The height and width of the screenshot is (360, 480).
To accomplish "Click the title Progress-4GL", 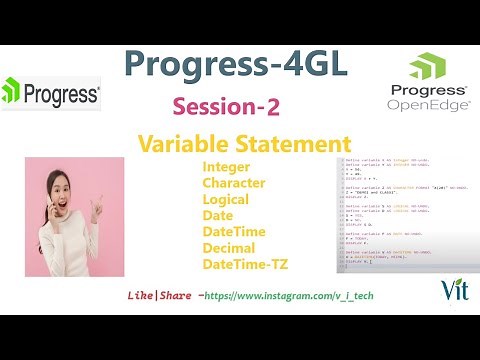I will point(237,65).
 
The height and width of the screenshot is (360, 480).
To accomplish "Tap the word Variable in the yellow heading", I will point(182,143).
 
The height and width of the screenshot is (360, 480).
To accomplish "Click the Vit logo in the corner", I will point(450,289).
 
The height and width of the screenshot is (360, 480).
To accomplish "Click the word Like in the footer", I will point(143,296).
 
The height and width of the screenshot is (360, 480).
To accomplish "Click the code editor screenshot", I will point(407,215).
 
